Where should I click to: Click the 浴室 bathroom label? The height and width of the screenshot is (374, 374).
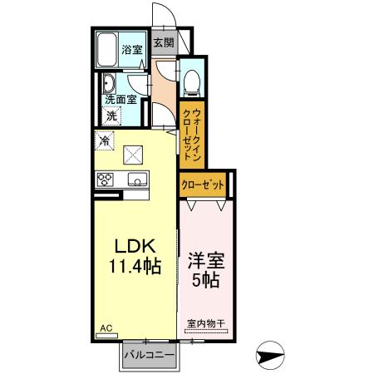(132, 48)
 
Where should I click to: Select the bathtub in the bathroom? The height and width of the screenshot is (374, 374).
(106, 52)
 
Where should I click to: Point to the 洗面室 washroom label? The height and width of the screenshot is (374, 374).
(121, 99)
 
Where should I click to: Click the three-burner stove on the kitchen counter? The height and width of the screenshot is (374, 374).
(106, 179)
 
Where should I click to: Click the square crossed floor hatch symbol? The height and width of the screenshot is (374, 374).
(134, 153)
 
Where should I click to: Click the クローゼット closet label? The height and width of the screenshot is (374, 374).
(203, 185)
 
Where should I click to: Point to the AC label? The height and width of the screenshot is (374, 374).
(106, 328)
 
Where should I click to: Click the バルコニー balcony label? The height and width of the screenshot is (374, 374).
(150, 355)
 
